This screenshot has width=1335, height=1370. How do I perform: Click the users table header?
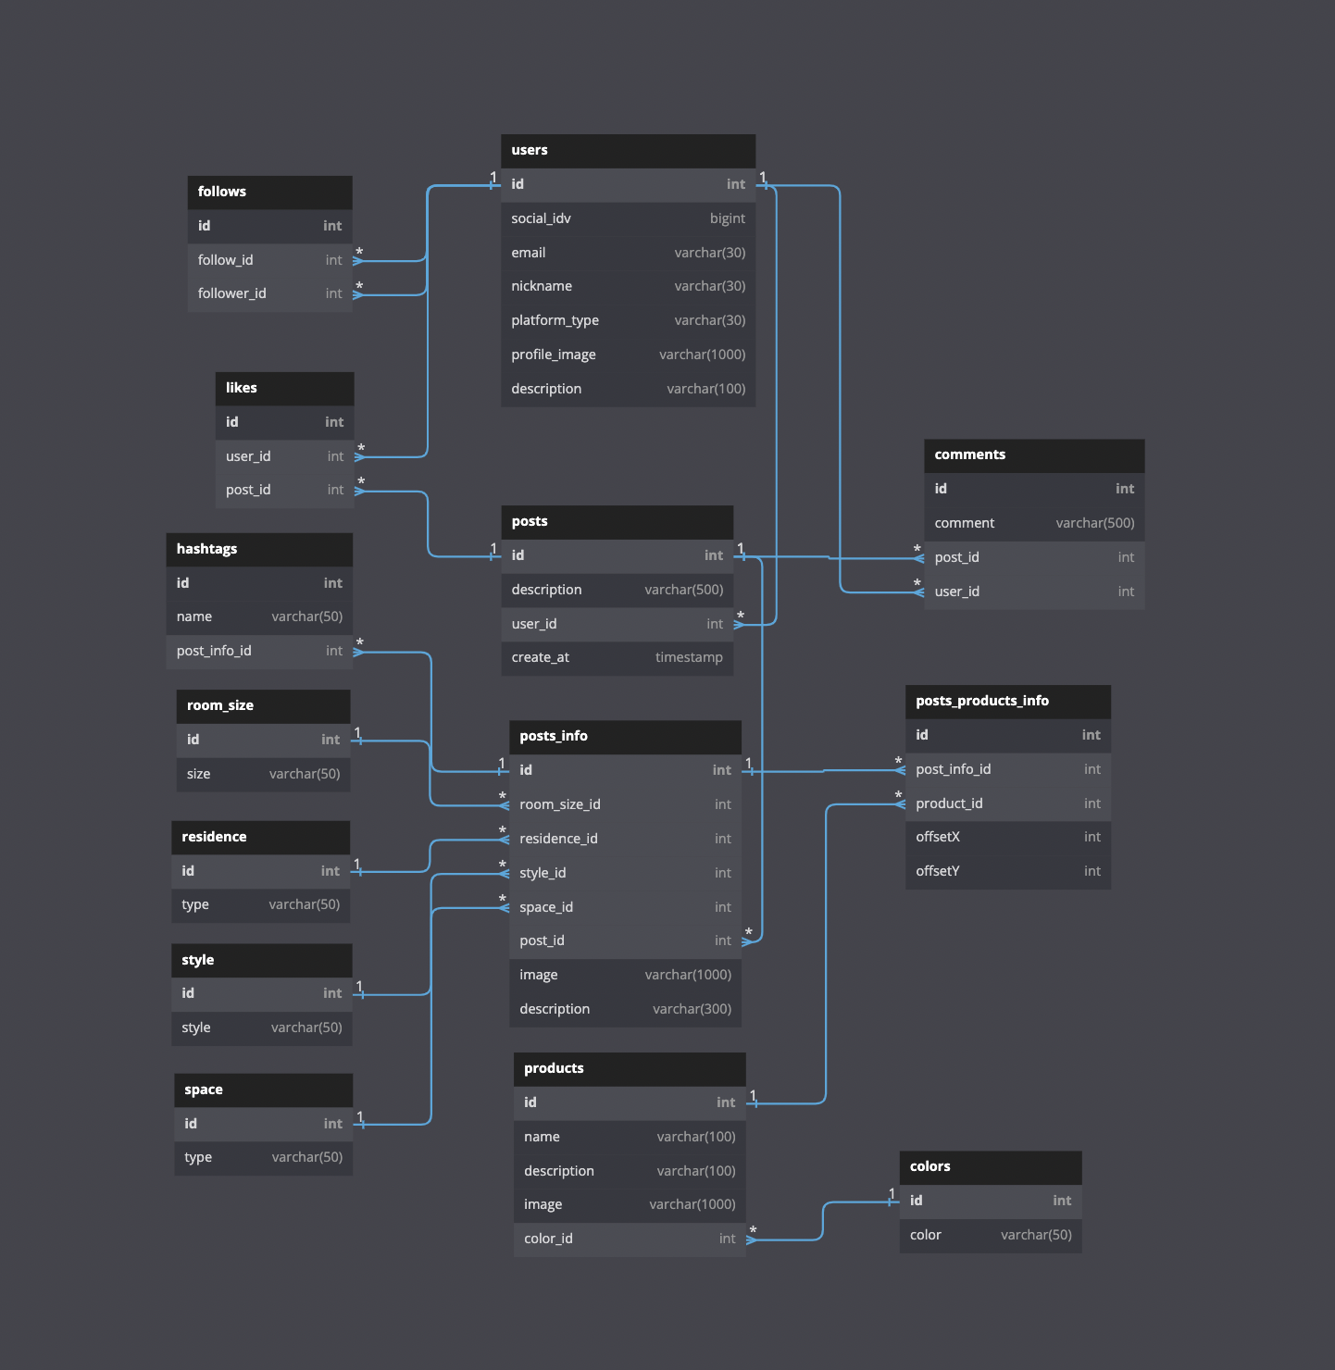tap(530, 150)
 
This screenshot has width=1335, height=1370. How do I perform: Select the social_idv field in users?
tap(541, 218)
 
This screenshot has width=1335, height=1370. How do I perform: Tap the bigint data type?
tap(727, 218)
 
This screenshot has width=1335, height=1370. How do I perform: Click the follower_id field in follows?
tap(231, 293)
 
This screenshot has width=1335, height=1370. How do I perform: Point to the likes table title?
tap(242, 388)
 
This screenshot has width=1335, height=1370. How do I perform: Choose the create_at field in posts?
tap(540, 657)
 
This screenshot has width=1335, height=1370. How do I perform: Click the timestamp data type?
tap(689, 657)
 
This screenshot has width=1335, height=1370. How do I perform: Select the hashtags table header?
tap(206, 549)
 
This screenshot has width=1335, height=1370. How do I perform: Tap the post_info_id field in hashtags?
tap(214, 651)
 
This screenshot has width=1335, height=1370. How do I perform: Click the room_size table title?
tap(220, 705)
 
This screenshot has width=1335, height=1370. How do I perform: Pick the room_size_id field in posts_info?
tap(559, 804)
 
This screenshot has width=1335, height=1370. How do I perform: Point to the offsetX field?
tap(938, 837)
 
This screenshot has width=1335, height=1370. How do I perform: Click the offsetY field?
tap(938, 871)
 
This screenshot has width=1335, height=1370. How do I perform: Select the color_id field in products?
tap(548, 1239)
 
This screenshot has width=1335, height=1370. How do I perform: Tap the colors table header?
tap(930, 1166)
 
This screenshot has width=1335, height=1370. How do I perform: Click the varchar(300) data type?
tap(692, 1009)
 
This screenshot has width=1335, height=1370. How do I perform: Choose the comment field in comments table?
tap(964, 523)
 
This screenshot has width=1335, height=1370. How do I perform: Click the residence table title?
tap(214, 837)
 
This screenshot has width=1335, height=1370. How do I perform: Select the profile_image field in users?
tap(553, 355)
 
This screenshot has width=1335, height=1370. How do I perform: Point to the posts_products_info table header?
tap(982, 701)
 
